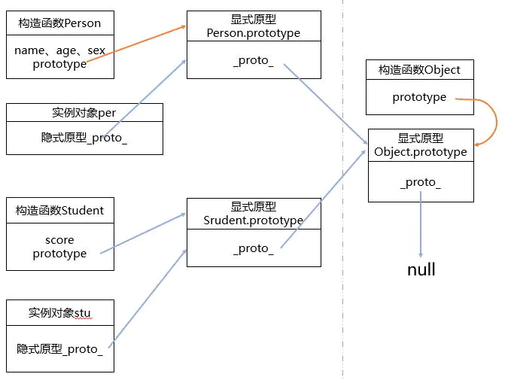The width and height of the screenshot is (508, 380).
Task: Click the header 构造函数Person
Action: coord(59,23)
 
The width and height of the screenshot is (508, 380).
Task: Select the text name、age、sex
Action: coord(59,50)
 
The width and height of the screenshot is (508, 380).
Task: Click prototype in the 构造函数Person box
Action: coord(59,64)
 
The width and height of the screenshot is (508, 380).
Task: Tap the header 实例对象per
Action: coord(84,112)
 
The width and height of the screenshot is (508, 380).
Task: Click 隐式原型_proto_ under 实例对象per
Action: coord(84,138)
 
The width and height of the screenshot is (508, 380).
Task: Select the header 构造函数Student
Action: coord(59,210)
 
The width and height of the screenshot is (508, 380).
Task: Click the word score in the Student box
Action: coord(59,240)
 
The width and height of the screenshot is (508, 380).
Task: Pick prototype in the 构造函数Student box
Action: coord(59,254)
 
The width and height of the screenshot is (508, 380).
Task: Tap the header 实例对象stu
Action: coord(59,312)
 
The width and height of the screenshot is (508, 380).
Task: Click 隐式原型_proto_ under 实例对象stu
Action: coord(59,348)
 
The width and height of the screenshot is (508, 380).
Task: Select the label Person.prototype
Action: coord(253,33)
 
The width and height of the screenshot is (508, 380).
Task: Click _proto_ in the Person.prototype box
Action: coord(253,60)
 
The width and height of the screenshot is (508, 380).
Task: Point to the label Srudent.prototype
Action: coord(253,220)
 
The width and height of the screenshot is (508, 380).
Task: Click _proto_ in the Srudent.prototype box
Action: coord(253,248)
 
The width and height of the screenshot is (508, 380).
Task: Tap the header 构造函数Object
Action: coord(420,70)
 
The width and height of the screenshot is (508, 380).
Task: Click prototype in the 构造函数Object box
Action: coord(419,97)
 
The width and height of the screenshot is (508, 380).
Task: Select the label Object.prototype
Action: coord(420,152)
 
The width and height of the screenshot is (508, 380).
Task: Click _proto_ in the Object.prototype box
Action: coord(420,183)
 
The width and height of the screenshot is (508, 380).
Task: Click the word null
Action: coord(421,269)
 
